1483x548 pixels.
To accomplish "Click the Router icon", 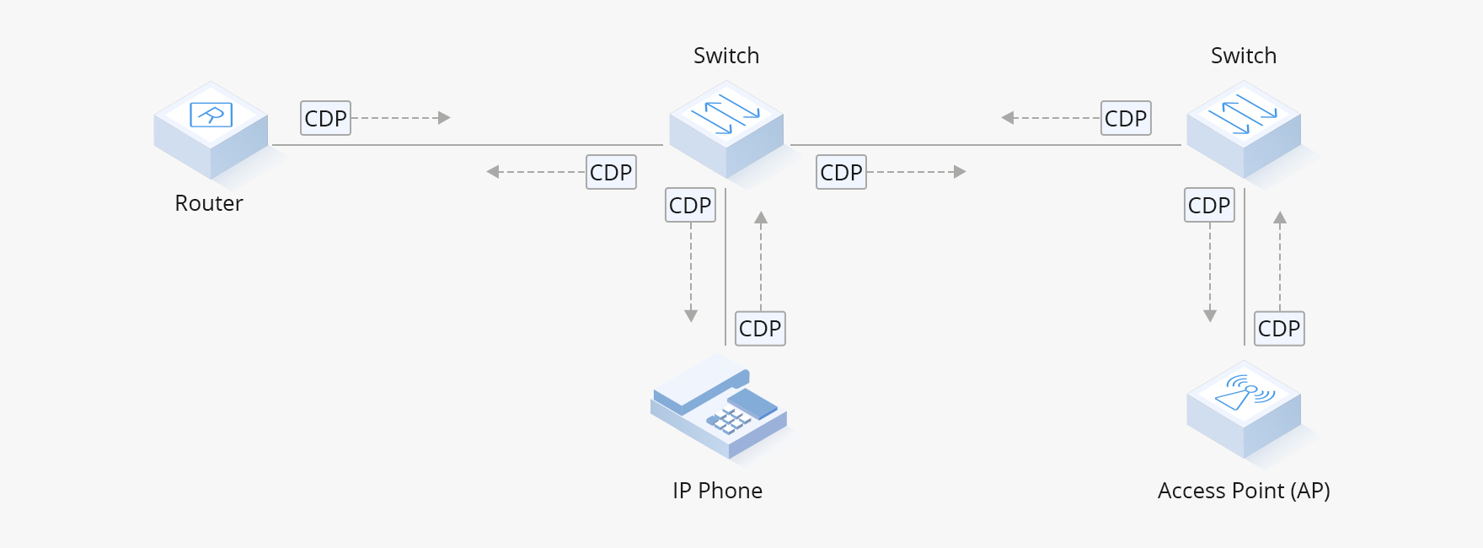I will pyautogui.click(x=211, y=130).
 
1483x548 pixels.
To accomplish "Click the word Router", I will pyautogui.click(x=209, y=203).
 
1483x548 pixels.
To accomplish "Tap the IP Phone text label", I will pyautogui.click(x=717, y=491).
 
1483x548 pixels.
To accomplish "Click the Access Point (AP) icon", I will pyautogui.click(x=1244, y=410).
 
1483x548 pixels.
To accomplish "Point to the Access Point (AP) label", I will pyautogui.click(x=1244, y=491).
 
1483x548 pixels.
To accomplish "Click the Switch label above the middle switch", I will pyautogui.click(x=726, y=56).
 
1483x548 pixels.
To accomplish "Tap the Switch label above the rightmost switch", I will pyautogui.click(x=1244, y=56).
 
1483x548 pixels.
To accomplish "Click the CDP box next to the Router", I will pyautogui.click(x=326, y=118).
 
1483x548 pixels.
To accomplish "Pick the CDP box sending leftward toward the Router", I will pyautogui.click(x=611, y=172).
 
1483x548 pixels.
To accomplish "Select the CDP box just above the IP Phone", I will pyautogui.click(x=760, y=328).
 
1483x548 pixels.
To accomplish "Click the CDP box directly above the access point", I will pyautogui.click(x=1279, y=328).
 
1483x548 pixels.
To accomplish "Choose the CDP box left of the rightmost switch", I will pyautogui.click(x=1126, y=118).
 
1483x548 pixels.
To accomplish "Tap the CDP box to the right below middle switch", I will pyautogui.click(x=841, y=172).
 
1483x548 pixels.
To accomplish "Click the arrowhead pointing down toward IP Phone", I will pyautogui.click(x=691, y=316).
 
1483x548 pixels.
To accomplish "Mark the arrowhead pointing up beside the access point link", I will pyautogui.click(x=1280, y=218).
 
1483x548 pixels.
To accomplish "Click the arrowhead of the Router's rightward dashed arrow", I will pyautogui.click(x=445, y=118).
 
